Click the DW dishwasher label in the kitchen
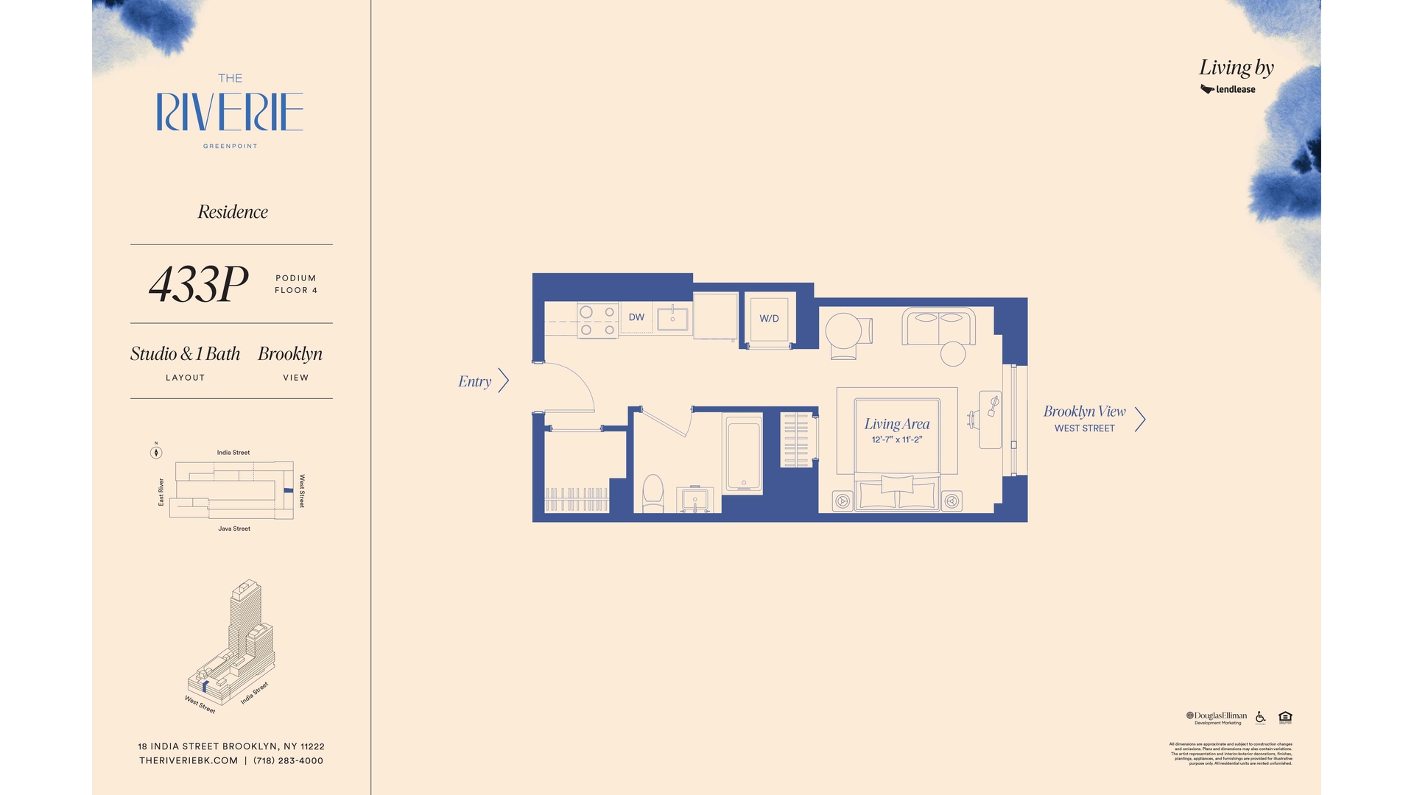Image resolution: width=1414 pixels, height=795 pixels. [x=636, y=317]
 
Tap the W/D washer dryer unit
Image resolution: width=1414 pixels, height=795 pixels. [x=769, y=319]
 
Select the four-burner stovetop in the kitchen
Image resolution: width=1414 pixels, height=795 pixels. [x=597, y=321]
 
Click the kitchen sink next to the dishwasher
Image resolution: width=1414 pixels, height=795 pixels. [x=672, y=319]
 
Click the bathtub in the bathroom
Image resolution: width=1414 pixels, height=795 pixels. [x=744, y=454]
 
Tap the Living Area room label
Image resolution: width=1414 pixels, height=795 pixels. [x=896, y=424]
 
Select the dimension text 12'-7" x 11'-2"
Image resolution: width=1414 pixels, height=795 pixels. [x=896, y=439]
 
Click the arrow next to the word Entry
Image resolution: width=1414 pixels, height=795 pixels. [x=504, y=381]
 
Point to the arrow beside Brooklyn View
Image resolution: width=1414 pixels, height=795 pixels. [x=1140, y=419]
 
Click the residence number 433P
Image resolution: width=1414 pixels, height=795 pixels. [x=199, y=284]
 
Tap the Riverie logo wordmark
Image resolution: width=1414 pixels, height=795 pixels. [x=230, y=112]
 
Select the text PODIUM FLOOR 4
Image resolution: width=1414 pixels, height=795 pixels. [x=296, y=284]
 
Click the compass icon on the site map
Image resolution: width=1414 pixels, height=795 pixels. [x=156, y=452]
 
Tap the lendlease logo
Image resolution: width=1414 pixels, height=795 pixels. [x=1228, y=89]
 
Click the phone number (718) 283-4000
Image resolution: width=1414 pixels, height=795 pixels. [x=288, y=760]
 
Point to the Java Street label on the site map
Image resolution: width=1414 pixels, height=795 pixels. [x=234, y=529]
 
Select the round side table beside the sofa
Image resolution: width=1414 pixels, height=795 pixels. [x=953, y=354]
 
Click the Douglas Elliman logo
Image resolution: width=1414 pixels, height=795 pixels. [x=1217, y=716]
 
